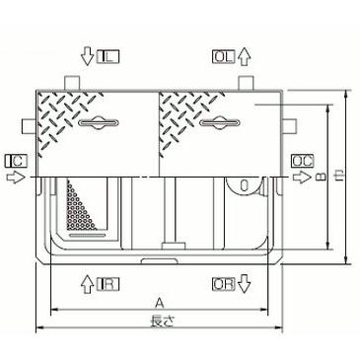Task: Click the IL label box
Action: pyautogui.click(x=108, y=59)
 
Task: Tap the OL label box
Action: pyautogui.click(x=223, y=59)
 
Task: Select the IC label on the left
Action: pyautogui.click(x=15, y=160)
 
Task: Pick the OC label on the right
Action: pyautogui.click(x=302, y=160)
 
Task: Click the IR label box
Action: pyautogui.click(x=108, y=285)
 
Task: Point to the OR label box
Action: pyautogui.click(x=223, y=285)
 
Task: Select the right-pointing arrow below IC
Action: pyautogui.click(x=13, y=177)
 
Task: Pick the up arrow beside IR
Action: pyautogui.click(x=87, y=285)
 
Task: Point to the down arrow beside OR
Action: pyautogui.click(x=245, y=285)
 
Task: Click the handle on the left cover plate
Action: pyautogui.click(x=96, y=123)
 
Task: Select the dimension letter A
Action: pyautogui.click(x=159, y=304)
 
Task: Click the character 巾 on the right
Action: pyautogui.click(x=341, y=178)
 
